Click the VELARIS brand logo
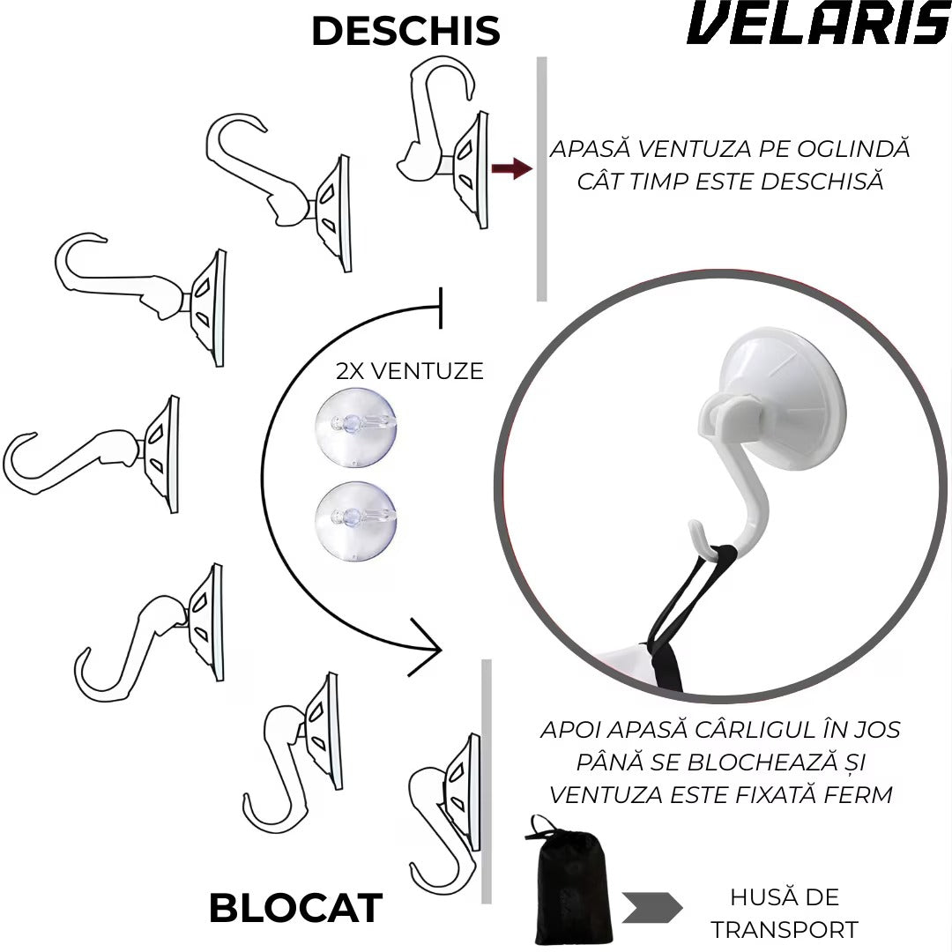pyautogui.click(x=818, y=23)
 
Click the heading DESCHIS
pyautogui.click(x=405, y=31)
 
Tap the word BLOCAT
pyautogui.click(x=295, y=908)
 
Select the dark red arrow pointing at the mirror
pyautogui.click(x=512, y=168)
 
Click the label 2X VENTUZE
pyautogui.click(x=410, y=371)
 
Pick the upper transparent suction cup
pyautogui.click(x=356, y=428)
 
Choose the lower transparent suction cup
pyautogui.click(x=356, y=521)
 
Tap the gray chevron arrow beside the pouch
pyautogui.click(x=652, y=908)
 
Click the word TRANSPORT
pyautogui.click(x=785, y=930)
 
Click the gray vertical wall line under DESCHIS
pyautogui.click(x=541, y=179)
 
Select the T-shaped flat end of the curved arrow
pyautogui.click(x=441, y=308)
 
